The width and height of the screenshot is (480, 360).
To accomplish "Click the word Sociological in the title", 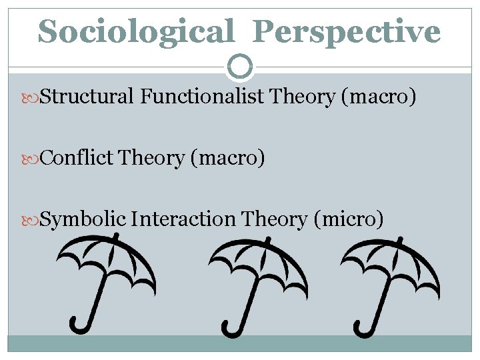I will (x=136, y=31).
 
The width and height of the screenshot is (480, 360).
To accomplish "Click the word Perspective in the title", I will (x=347, y=31).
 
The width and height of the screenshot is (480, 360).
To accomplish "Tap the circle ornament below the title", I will (x=240, y=66).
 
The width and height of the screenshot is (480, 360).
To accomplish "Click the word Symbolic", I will (x=83, y=219).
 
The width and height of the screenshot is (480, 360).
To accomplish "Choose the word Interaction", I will (x=183, y=219).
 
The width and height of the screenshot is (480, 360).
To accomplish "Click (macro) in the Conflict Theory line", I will (x=227, y=159).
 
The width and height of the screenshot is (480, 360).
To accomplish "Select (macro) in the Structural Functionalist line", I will (x=379, y=97).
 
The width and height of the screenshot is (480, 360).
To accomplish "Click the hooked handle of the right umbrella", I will (x=364, y=323).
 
